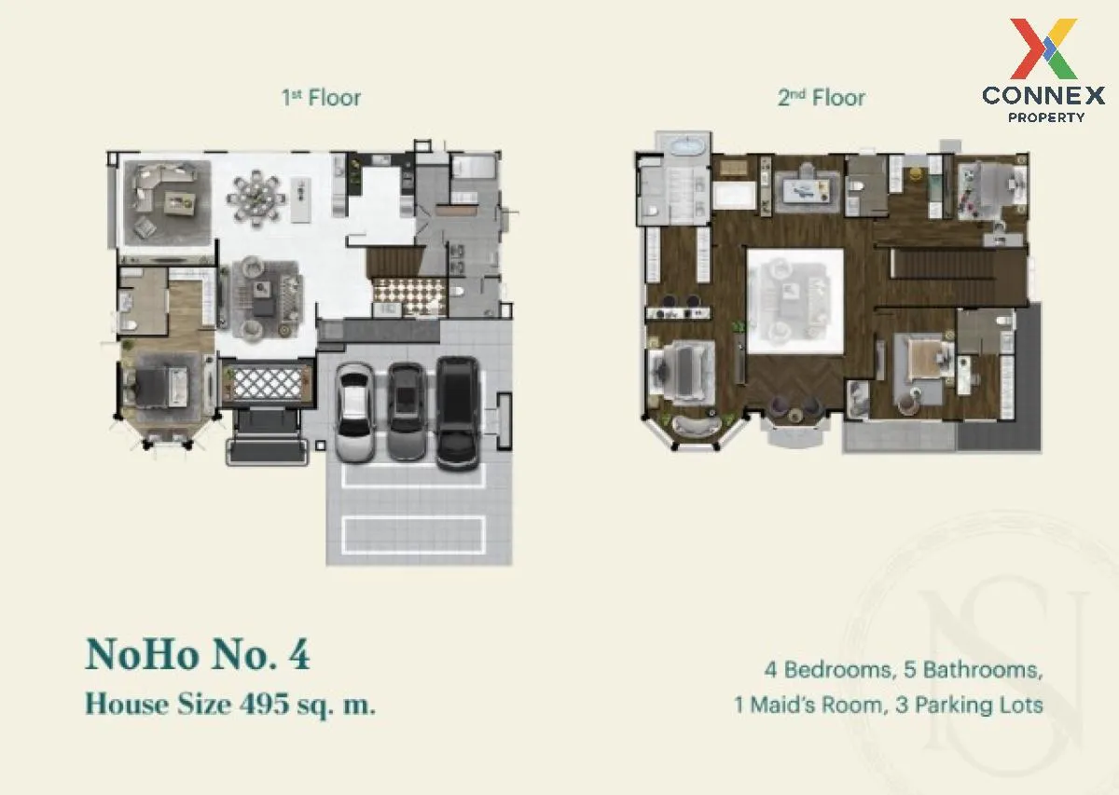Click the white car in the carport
point(354,412)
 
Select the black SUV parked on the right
point(457,414)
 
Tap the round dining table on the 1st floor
point(256,199)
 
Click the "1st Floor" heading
point(321,97)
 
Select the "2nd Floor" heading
point(822,97)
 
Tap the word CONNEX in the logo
point(1043,95)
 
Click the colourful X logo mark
point(1043,49)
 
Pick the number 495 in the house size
point(264,704)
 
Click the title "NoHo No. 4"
point(198,654)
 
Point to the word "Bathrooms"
point(981,670)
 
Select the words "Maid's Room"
point(815,706)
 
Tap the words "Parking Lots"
point(978,706)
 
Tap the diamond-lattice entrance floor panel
point(268,382)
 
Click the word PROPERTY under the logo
point(1046,117)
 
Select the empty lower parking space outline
point(414,535)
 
